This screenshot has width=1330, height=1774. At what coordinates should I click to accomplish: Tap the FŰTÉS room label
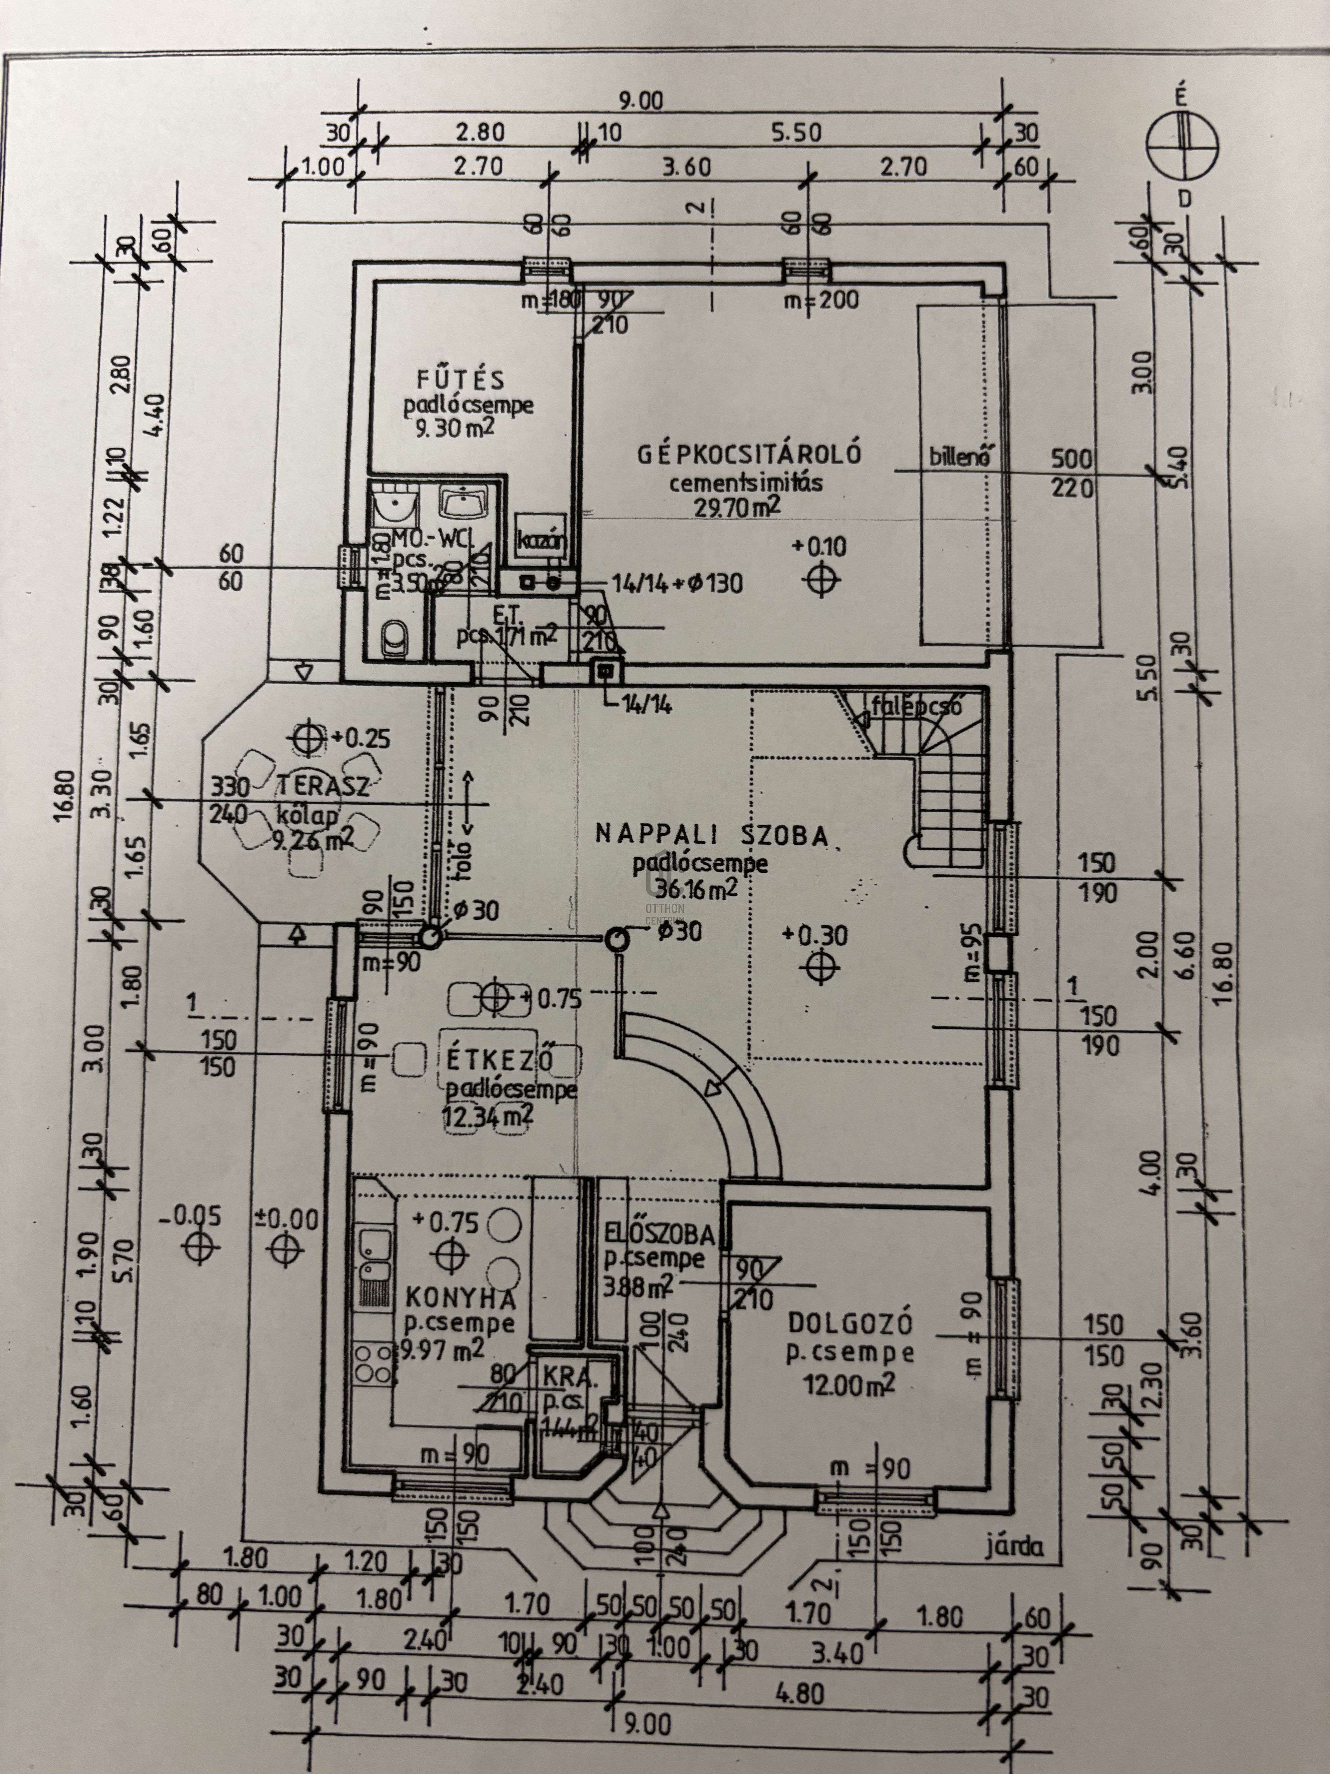pyautogui.click(x=459, y=379)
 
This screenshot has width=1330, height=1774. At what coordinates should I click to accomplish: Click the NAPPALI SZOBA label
pyautogui.click(x=712, y=835)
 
